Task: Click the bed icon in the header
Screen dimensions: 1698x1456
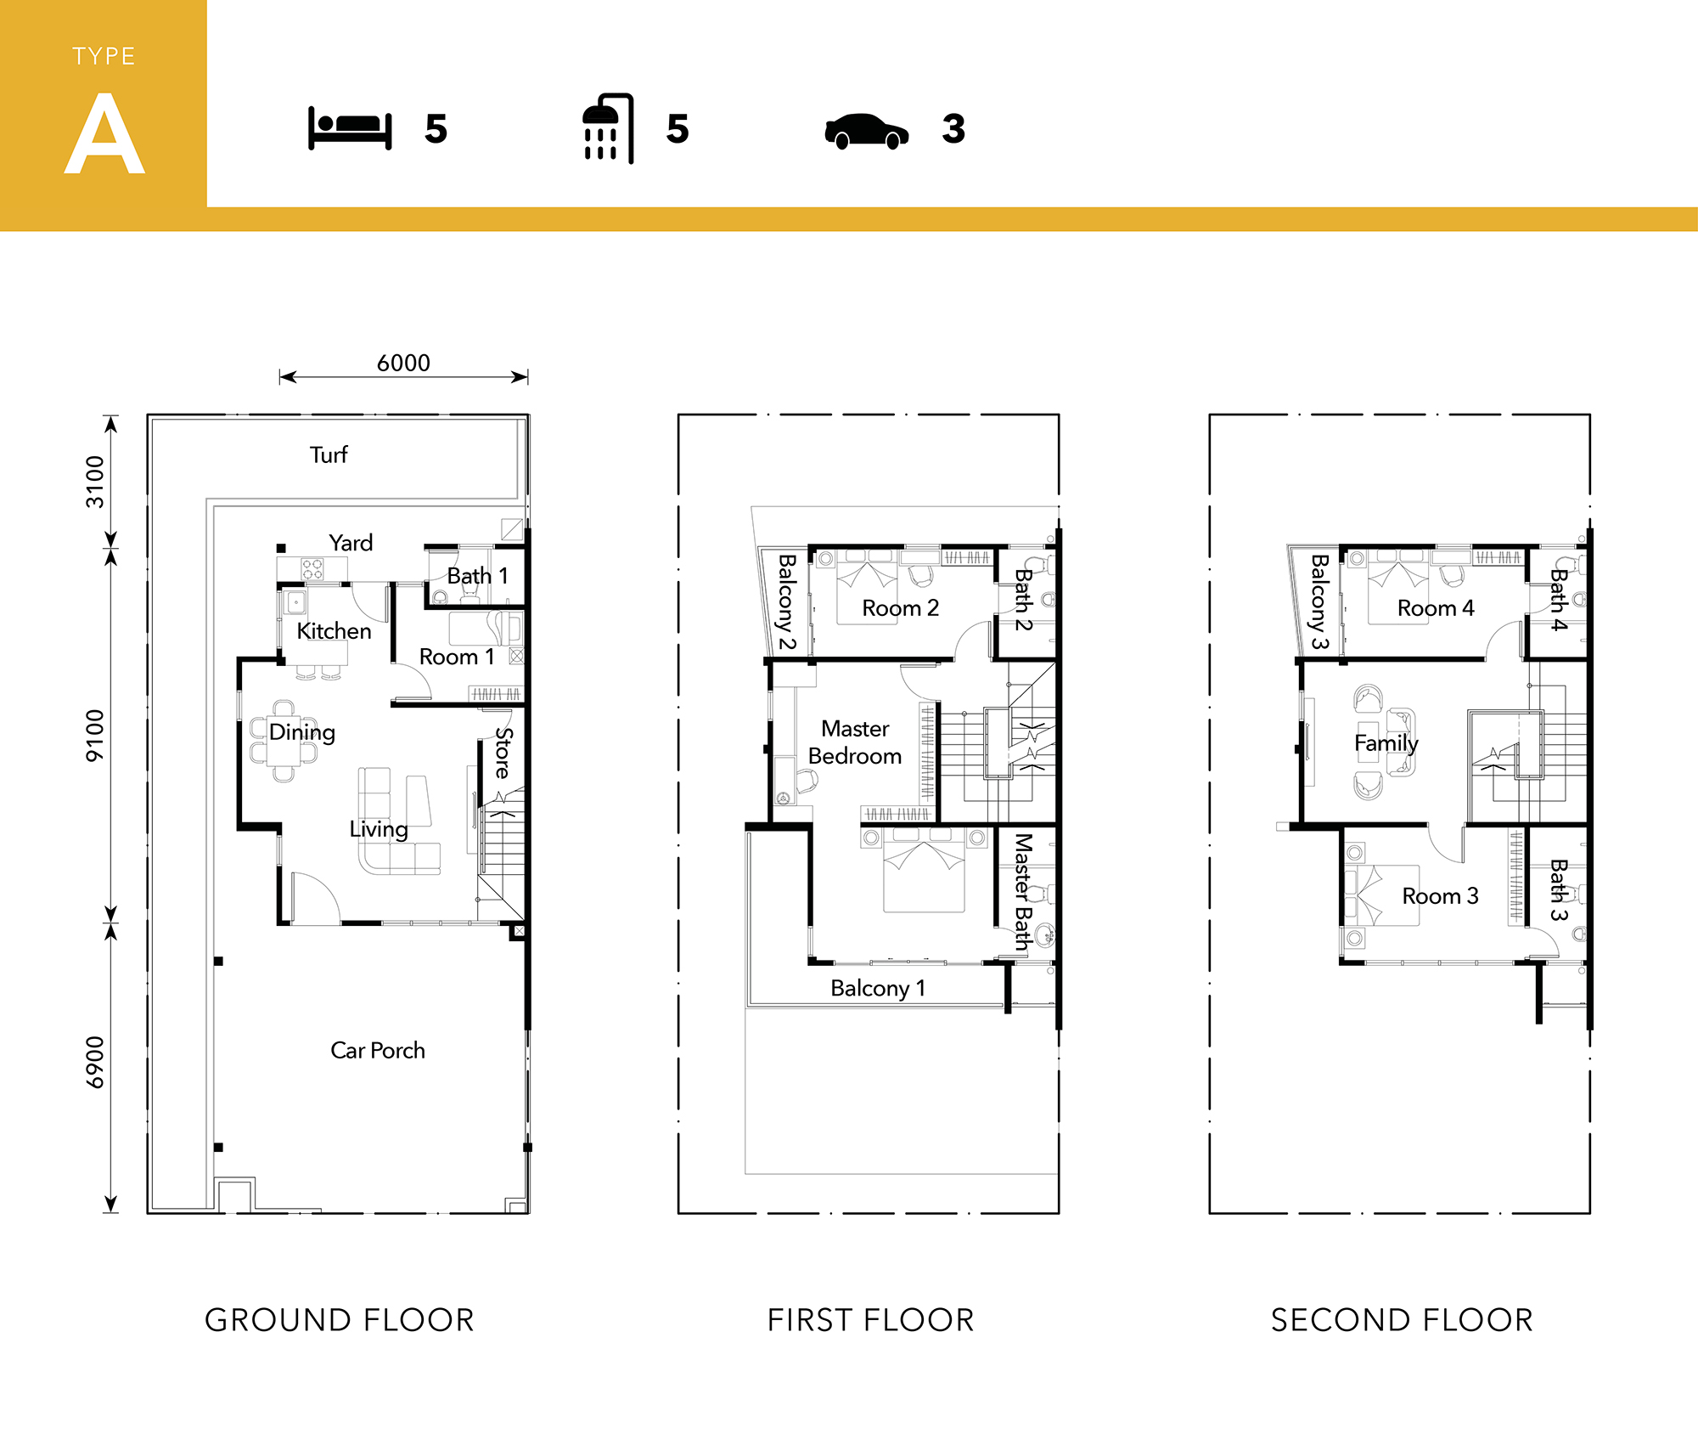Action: tap(350, 128)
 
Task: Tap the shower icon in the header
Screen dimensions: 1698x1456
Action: tap(608, 128)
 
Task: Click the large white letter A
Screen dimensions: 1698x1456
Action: tap(104, 133)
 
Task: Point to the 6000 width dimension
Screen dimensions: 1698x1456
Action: tap(403, 363)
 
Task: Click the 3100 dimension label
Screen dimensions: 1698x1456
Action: tap(95, 482)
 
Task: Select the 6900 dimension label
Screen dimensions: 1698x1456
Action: tap(95, 1062)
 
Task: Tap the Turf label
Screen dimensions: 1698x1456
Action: tap(329, 454)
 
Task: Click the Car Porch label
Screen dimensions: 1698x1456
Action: tap(378, 1051)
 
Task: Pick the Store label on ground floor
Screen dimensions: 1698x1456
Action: tap(503, 753)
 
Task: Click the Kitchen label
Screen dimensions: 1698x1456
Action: tap(334, 631)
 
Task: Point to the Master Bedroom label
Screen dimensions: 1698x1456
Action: tap(855, 742)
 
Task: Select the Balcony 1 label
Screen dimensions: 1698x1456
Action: tap(878, 988)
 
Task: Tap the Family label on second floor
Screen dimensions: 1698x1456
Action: tap(1386, 743)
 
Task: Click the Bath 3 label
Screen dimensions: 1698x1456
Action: tap(1559, 890)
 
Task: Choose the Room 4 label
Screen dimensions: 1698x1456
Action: tap(1436, 608)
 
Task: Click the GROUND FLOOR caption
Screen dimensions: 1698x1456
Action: tap(340, 1320)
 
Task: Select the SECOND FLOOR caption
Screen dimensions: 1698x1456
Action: tap(1403, 1320)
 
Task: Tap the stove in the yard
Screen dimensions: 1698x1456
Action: tap(312, 568)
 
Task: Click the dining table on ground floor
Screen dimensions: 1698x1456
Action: tap(284, 741)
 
